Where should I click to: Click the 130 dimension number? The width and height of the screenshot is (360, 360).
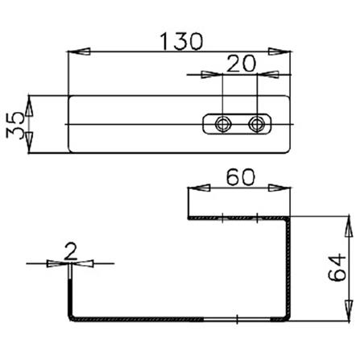[x=181, y=42]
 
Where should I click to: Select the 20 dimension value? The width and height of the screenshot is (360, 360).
[x=240, y=64]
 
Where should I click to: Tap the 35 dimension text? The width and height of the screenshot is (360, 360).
[x=15, y=125]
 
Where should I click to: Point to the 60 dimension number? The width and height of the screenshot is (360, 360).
[x=240, y=177]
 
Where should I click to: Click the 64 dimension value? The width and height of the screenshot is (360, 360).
[x=337, y=267]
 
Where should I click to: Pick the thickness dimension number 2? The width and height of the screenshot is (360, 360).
[x=71, y=252]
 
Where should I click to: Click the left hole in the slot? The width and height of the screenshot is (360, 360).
[x=222, y=124]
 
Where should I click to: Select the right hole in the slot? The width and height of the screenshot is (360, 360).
[x=257, y=124]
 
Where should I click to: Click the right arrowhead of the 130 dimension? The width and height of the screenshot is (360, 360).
[x=279, y=52]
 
